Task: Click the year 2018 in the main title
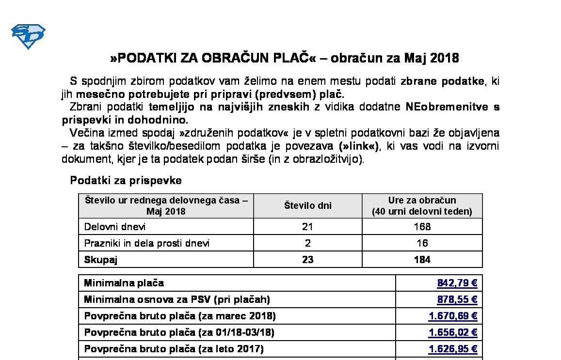[443, 58]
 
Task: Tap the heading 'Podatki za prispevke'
[126, 181]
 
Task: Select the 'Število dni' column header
[307, 205]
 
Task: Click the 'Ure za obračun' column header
[422, 205]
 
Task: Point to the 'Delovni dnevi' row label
[115, 227]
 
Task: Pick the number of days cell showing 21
[307, 227]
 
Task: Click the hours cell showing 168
[422, 227]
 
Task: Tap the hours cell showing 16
[422, 243]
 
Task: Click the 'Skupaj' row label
[101, 260]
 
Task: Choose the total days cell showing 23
[307, 260]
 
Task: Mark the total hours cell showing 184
[422, 260]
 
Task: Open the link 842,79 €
[457, 283]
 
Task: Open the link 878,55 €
[457, 299]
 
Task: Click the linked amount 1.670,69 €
[453, 316]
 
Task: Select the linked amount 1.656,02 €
[453, 332]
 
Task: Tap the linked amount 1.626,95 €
[453, 349]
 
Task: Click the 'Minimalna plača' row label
[124, 283]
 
